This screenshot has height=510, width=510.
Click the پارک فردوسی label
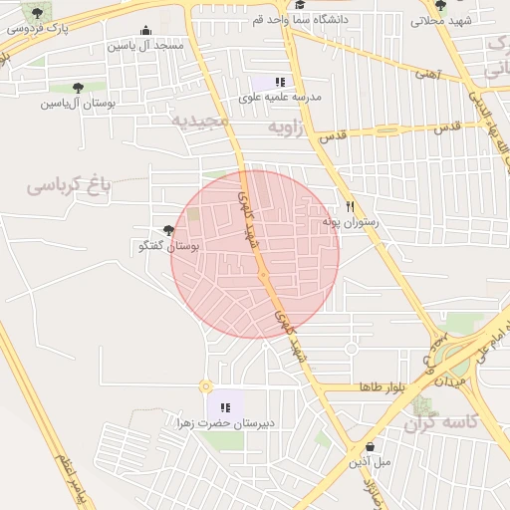[x=38, y=29]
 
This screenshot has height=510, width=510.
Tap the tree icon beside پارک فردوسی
[x=38, y=13]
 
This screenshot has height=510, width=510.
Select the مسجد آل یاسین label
[x=148, y=46]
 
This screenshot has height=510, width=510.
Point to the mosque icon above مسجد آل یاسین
[x=147, y=31]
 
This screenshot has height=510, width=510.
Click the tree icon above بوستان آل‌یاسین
[x=78, y=88]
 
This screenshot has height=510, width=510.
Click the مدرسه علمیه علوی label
[x=280, y=98]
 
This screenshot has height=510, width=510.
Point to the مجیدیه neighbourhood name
[x=199, y=120]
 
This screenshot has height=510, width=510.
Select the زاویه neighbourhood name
[x=290, y=128]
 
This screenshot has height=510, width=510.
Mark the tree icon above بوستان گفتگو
[x=166, y=230]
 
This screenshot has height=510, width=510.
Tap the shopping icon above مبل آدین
[x=371, y=446]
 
